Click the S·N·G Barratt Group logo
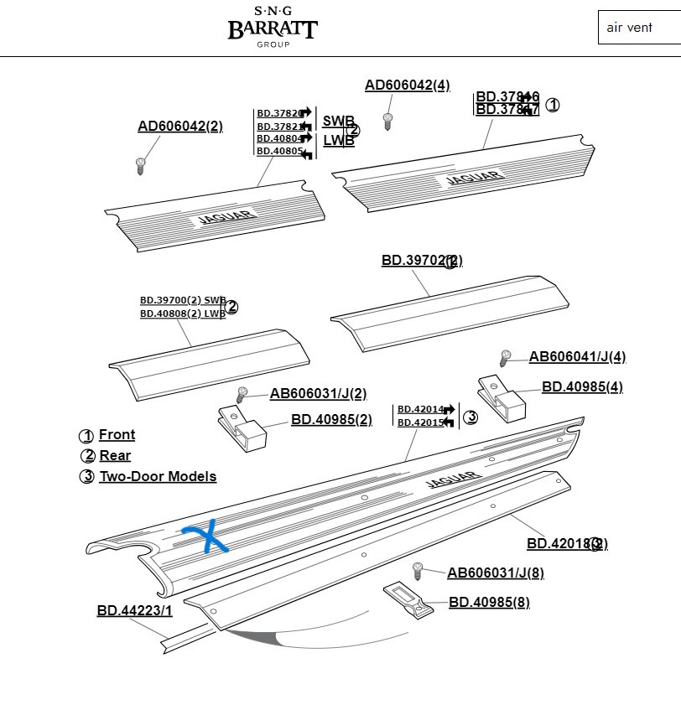[x=273, y=26]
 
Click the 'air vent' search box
[x=638, y=28]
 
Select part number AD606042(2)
[x=180, y=127]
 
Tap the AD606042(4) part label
[x=407, y=86]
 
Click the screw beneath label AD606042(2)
[x=141, y=165]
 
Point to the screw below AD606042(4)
[x=387, y=122]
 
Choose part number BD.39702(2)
[x=421, y=261]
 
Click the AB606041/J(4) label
[x=577, y=357]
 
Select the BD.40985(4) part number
[x=582, y=387]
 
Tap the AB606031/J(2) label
[x=318, y=394]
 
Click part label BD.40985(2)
[x=331, y=419]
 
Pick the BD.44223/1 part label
[x=134, y=611]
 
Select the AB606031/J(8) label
[x=495, y=573]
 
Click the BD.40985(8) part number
[x=489, y=602]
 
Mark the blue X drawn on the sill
[x=206, y=537]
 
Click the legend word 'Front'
[x=117, y=435]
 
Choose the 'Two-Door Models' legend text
[x=158, y=477]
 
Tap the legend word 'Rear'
[x=115, y=456]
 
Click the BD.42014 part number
[x=420, y=409]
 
